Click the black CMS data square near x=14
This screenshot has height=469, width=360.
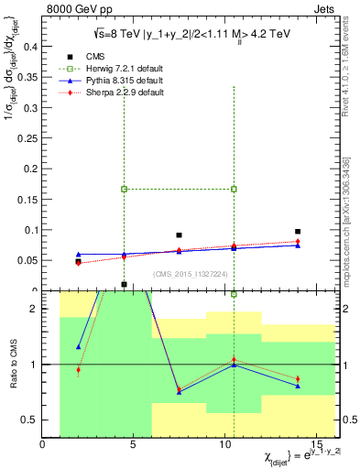(x=298, y=232)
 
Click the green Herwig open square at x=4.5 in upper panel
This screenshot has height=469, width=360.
(x=124, y=189)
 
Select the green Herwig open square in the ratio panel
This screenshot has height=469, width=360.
(x=234, y=294)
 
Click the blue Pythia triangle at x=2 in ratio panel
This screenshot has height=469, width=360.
(x=78, y=347)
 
